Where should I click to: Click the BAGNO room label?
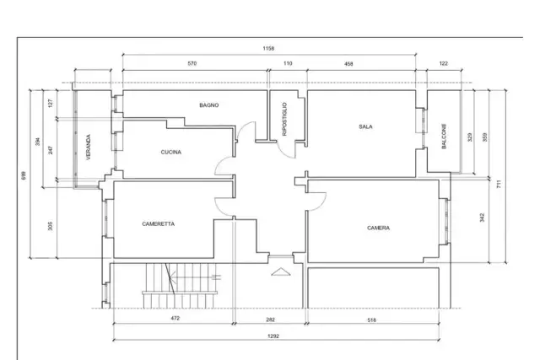pos(209,105)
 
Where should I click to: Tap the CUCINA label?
pos(171,152)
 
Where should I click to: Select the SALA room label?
pos(365,126)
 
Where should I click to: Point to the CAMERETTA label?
pos(159,223)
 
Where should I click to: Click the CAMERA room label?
pos(379,228)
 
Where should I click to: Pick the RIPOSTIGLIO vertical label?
pos(284,119)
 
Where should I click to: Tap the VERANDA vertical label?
pos(88,147)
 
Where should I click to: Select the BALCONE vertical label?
pos(444,137)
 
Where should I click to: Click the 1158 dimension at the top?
pos(268,49)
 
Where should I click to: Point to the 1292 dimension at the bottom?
pos(273,336)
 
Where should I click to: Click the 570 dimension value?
pos(192,63)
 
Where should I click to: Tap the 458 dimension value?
pos(348,64)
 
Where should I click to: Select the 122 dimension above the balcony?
pos(444,63)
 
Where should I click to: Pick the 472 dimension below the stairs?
pos(175,318)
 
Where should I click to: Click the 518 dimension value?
pos(371,320)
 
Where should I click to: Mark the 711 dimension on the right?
pos(499,184)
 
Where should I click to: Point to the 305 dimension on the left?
pos(51,226)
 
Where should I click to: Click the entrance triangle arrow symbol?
pos(281,271)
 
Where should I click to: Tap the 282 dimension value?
pos(271,320)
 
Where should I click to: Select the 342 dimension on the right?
pos(482,218)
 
